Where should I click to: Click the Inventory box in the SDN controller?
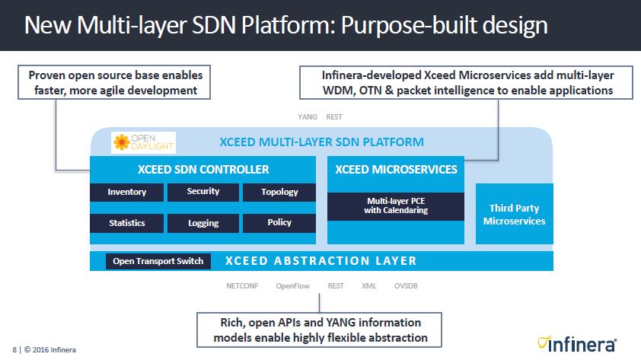tap(127, 193)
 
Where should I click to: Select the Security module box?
tap(203, 192)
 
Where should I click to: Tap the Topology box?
tap(279, 193)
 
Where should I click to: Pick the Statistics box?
tap(127, 223)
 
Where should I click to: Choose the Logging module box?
tap(203, 223)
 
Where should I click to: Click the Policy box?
tap(279, 223)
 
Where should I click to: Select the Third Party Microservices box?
tap(514, 215)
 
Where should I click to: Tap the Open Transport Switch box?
tap(158, 261)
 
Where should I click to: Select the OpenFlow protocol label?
tap(292, 287)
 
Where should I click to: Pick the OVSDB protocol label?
tap(406, 287)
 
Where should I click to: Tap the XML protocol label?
tap(369, 287)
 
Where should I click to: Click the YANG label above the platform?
tap(307, 117)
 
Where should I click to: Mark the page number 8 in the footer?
tap(14, 350)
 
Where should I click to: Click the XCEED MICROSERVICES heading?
tap(395, 169)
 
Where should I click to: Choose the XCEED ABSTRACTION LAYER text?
tap(321, 261)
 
